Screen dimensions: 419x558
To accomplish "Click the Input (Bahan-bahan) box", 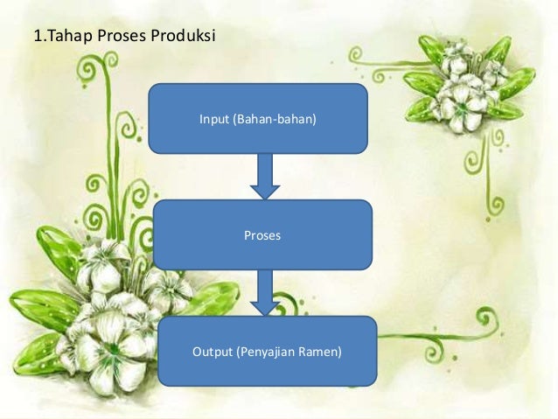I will [257, 118].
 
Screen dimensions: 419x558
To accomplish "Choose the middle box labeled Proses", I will [262, 234].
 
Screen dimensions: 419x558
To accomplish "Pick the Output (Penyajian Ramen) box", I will [267, 352].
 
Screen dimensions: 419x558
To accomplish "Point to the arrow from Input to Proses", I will [263, 176].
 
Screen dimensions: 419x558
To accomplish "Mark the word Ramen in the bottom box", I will [321, 353].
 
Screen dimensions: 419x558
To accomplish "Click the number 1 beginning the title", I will [36, 38].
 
